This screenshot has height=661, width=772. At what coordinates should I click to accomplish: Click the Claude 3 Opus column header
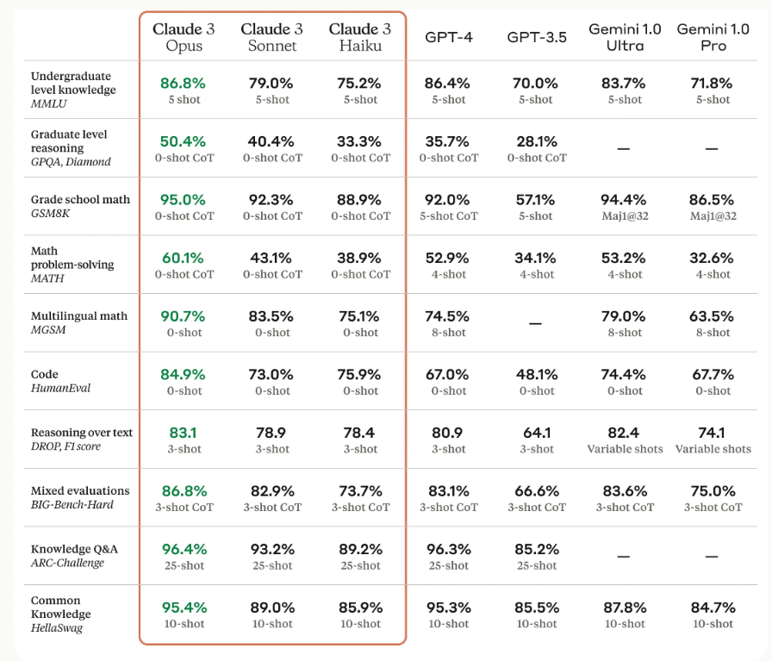tap(184, 37)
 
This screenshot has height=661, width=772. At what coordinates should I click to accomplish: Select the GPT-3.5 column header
tap(536, 37)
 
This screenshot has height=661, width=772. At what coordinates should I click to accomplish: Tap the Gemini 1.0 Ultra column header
tap(625, 37)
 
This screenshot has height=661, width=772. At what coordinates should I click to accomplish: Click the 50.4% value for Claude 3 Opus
tap(184, 141)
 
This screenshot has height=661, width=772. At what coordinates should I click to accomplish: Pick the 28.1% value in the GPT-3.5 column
tap(536, 141)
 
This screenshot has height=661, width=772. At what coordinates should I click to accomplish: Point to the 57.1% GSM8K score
tap(536, 200)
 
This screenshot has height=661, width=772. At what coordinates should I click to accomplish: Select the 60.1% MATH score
tap(184, 258)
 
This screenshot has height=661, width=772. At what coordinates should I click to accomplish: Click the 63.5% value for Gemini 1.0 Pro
tap(713, 316)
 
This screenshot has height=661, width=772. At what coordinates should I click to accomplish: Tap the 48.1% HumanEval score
tap(536, 375)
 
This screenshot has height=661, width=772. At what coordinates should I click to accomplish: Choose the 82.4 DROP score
tap(625, 433)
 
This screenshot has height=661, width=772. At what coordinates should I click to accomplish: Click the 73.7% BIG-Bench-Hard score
tap(360, 491)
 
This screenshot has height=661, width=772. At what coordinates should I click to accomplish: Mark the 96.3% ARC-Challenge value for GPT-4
tap(447, 549)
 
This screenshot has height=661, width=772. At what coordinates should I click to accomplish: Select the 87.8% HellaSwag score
tap(625, 608)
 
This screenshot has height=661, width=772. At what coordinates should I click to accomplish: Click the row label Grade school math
tap(80, 200)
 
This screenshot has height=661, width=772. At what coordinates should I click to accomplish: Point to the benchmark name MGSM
tap(48, 330)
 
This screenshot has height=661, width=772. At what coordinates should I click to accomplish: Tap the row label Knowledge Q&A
tap(73, 549)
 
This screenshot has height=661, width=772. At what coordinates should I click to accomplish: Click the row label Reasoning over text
tap(82, 433)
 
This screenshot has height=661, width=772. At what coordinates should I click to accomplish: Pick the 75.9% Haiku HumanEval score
tap(360, 375)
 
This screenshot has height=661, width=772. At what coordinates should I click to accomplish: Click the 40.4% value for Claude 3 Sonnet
tap(271, 141)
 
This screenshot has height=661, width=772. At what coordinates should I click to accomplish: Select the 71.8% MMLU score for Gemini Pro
tap(713, 84)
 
